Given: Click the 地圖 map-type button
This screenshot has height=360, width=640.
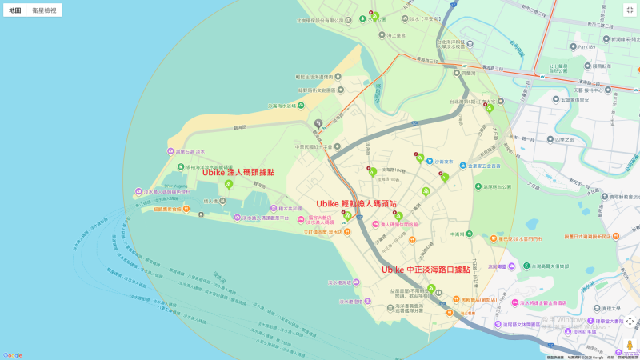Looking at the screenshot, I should (x=15, y=10).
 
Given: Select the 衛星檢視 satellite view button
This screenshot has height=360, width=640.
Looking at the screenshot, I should (x=44, y=10).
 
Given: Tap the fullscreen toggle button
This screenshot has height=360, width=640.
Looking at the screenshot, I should (x=629, y=10).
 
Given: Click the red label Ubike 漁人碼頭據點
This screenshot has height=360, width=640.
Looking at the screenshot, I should (x=238, y=172).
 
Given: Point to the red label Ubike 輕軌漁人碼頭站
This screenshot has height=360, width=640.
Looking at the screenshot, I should (x=356, y=204).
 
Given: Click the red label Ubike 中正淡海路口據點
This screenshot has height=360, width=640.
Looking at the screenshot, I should (x=426, y=270).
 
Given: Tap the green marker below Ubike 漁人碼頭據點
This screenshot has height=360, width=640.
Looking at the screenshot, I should (x=229, y=185).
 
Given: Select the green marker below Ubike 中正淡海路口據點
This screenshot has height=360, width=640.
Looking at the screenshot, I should (x=431, y=289).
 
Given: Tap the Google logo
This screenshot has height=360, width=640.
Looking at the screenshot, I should (x=12, y=354).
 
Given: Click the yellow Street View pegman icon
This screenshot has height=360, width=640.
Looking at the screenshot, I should (x=630, y=346).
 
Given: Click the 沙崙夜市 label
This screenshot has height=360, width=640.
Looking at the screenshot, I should (x=438, y=161).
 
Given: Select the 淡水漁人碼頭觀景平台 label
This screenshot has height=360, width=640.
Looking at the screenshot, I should (x=264, y=217).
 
